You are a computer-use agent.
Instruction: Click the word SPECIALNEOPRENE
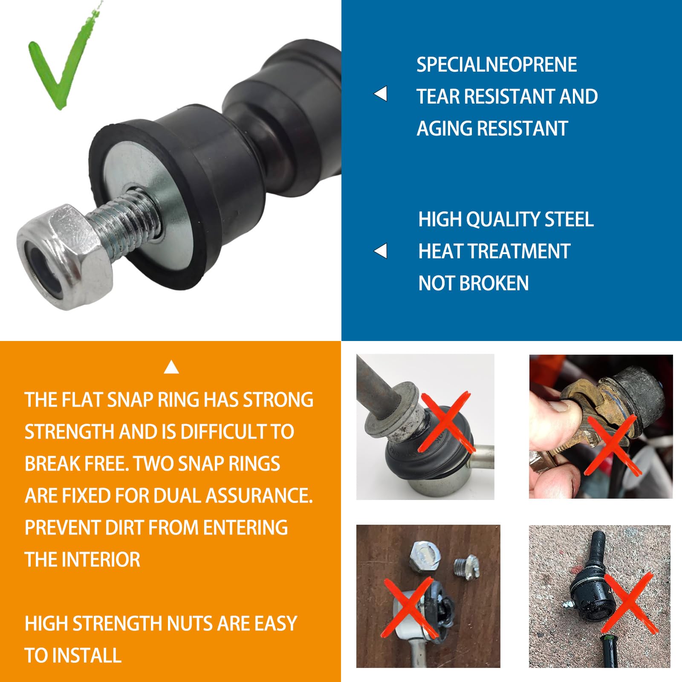point(497,65)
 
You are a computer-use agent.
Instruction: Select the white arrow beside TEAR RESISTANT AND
point(381,94)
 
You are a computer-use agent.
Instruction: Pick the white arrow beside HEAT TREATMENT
point(381,251)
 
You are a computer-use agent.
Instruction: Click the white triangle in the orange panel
point(171,367)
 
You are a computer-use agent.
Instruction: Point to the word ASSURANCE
point(259,496)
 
